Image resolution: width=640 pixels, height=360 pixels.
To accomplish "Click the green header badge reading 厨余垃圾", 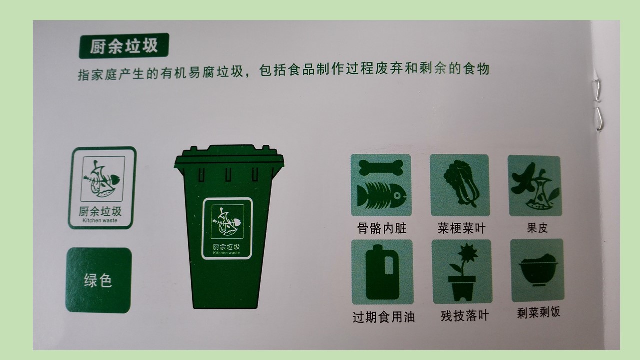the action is (124, 46).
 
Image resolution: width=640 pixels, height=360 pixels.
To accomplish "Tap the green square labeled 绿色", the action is (99, 280).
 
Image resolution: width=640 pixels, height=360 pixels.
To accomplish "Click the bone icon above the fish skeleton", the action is (381, 167).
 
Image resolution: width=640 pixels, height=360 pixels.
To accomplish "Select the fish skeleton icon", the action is (381, 195).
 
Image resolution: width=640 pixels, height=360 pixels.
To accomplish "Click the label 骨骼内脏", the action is (381, 228).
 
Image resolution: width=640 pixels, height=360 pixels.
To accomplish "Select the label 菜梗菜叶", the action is (461, 228).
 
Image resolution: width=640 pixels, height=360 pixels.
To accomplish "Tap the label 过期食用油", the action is (383, 317).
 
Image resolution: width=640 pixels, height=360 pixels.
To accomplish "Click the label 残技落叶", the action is (464, 316).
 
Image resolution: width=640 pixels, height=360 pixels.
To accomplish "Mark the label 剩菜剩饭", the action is (538, 312).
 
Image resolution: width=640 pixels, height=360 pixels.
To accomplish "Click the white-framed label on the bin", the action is (227, 228).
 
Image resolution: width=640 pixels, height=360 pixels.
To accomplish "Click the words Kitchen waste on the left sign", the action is (100, 220).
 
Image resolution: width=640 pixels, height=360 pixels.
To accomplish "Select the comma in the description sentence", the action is (247, 75).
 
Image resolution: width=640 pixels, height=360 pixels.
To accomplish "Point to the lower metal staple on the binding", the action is (599, 118).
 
